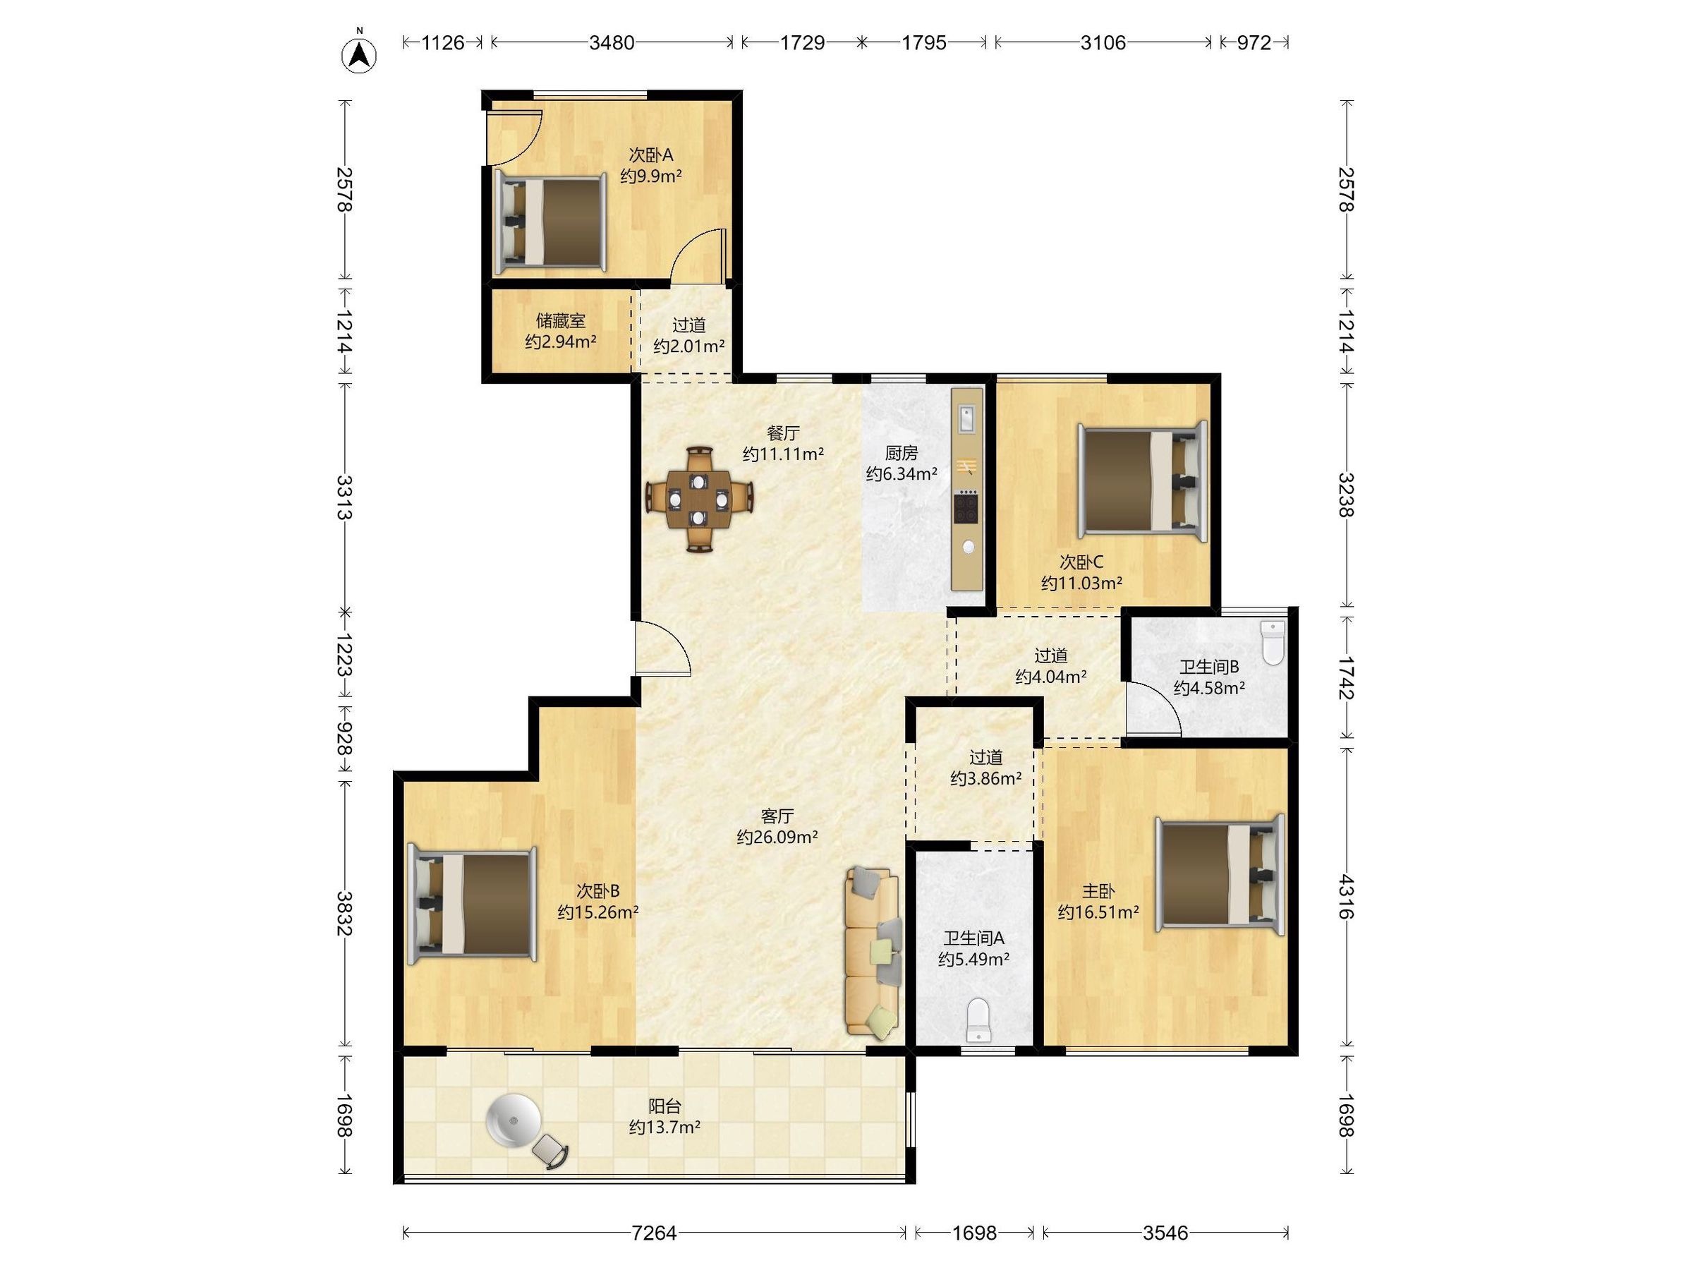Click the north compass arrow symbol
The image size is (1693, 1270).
pos(358,54)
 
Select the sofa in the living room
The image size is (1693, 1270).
pos(873,954)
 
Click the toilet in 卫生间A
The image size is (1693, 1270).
pos(979,1020)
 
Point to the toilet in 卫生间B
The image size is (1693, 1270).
pos(1272,642)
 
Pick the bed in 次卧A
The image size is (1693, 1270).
pos(550,222)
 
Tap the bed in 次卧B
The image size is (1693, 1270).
pos(471,903)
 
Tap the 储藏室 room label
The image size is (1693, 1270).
pos(561,321)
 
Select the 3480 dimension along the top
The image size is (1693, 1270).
pos(612,43)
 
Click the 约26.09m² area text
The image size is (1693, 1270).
pos(777,837)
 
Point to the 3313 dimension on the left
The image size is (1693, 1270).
pos(344,497)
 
